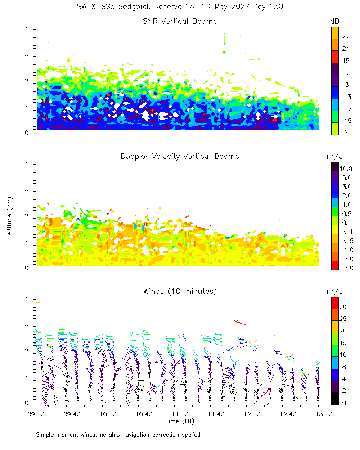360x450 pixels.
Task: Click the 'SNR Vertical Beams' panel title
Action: (x=180, y=21)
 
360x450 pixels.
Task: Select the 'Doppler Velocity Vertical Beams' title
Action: (x=180, y=156)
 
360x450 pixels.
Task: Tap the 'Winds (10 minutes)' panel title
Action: (x=180, y=291)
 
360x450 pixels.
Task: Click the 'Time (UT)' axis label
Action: (x=180, y=421)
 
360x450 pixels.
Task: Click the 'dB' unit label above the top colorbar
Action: (x=334, y=21)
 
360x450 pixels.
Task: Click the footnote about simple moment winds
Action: (x=118, y=435)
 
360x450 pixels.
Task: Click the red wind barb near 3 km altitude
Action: (x=240, y=321)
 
